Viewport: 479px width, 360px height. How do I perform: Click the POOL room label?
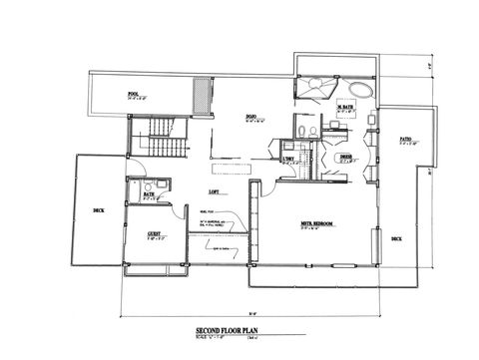(x=133, y=95)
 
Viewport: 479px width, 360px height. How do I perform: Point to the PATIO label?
(x=405, y=139)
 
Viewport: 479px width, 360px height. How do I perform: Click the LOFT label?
(x=213, y=189)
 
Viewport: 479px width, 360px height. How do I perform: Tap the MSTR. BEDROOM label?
(x=316, y=223)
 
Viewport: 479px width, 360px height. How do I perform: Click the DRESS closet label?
(x=345, y=157)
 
